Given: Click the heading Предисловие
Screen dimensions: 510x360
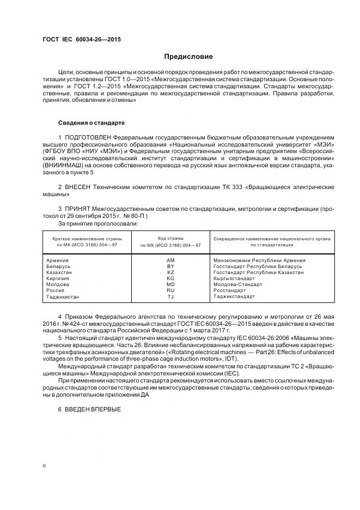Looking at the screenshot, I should tap(189, 57).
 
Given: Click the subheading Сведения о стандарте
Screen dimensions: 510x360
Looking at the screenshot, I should tap(91, 123).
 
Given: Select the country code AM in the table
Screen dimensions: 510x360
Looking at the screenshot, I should tap(170, 260).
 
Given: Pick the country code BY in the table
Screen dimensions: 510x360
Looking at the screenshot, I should tap(170, 266).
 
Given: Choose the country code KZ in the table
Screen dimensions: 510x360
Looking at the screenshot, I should tap(170, 272).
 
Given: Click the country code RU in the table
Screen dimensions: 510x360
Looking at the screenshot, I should tap(170, 290).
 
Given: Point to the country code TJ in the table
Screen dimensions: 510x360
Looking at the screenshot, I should tap(170, 296).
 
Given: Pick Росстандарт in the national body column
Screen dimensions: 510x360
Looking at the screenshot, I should tap(229, 290).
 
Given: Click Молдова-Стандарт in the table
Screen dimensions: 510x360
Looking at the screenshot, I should tap(237, 284).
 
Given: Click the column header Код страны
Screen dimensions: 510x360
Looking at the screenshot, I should tap(170, 239).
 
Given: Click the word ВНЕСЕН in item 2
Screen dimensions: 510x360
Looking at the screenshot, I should tap(80, 187).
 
